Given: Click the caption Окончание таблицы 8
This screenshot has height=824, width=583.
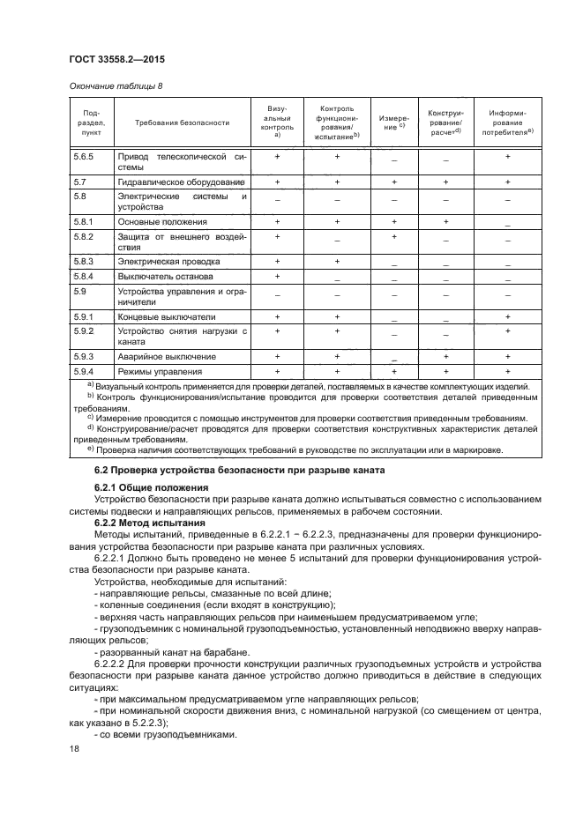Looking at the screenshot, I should click(116, 86).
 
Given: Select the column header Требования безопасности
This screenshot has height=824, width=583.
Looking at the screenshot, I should click(182, 123).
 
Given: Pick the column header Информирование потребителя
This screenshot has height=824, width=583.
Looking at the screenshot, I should click(507, 123).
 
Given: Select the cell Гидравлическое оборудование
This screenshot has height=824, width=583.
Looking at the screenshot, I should click(181, 181).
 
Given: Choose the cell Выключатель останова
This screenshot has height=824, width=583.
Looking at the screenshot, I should click(165, 276).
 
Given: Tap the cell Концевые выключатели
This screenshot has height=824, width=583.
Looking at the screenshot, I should click(167, 316).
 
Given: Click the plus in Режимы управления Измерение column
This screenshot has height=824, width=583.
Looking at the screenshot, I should click(393, 371).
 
